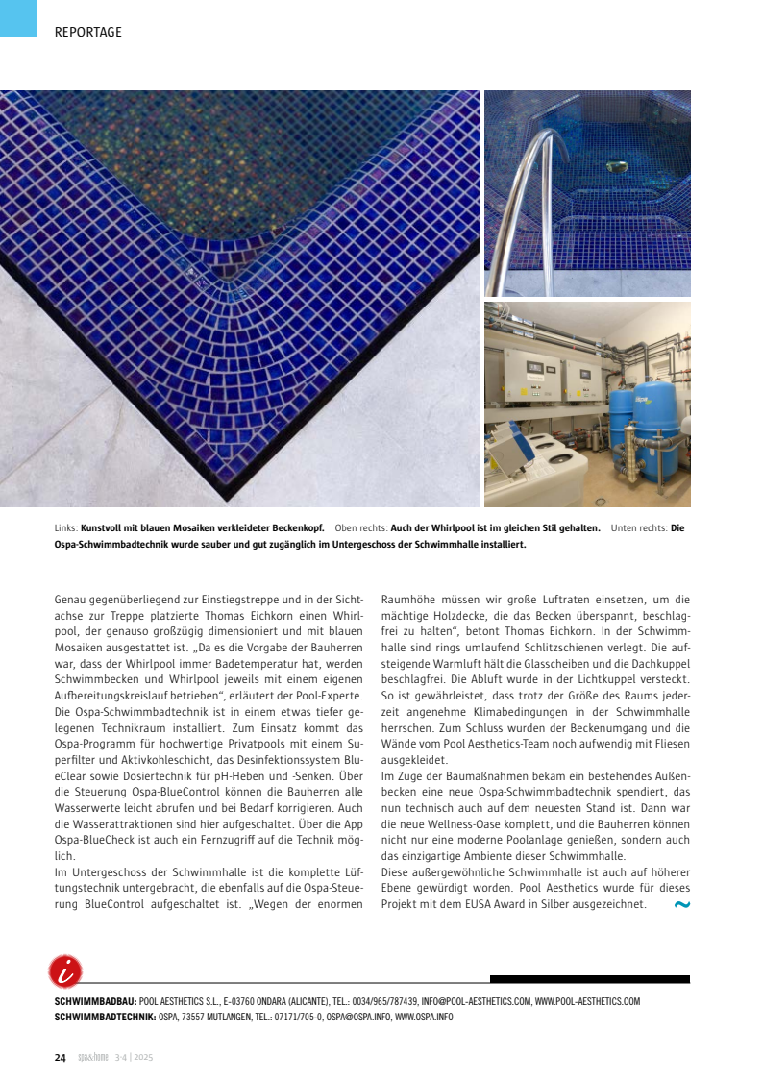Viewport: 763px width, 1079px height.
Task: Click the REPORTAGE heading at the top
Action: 88,32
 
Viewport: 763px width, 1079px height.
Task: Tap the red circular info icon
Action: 64,971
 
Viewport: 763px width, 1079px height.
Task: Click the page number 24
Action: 60,1058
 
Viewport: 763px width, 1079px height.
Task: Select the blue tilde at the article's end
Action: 681,905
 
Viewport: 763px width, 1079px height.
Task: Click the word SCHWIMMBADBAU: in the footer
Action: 95,1001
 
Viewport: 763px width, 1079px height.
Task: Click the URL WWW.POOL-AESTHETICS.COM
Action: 587,1001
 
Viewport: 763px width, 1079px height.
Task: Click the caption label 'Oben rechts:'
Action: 361,527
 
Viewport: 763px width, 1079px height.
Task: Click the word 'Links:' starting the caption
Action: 66,527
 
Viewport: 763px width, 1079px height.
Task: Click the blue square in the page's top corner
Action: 17,17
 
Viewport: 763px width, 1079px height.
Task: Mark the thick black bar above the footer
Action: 589,979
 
